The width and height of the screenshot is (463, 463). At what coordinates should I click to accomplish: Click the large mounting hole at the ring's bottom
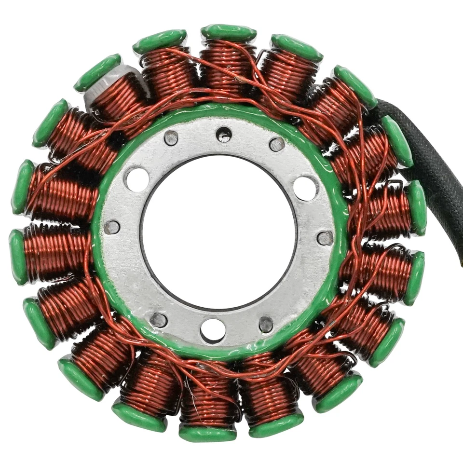(x=213, y=330)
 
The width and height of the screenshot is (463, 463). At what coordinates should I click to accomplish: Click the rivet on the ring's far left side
(x=112, y=227)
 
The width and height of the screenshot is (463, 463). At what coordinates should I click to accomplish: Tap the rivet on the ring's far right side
(x=325, y=238)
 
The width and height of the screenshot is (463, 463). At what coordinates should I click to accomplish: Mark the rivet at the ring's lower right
(x=266, y=324)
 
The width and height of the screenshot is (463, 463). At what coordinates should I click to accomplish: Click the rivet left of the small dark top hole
(x=171, y=138)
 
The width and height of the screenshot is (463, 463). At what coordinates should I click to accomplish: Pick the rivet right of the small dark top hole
(x=277, y=144)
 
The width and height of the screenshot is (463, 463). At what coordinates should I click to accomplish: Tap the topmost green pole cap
(x=229, y=33)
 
